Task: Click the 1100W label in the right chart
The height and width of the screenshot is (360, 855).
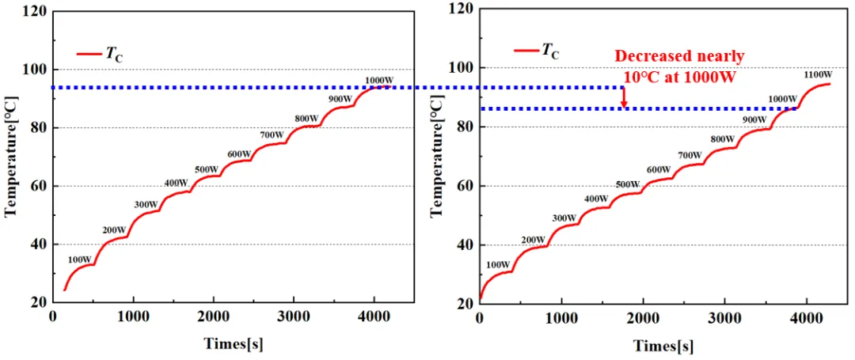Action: [x=818, y=74]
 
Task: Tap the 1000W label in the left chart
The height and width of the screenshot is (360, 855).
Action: [x=379, y=81]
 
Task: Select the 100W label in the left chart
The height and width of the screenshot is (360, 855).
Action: [x=80, y=260]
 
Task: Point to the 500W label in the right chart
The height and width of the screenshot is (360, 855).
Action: [x=626, y=184]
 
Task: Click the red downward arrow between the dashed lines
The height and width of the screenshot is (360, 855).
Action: [x=625, y=97]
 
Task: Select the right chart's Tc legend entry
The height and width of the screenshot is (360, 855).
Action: [x=537, y=51]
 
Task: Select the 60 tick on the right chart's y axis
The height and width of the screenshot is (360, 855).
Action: [x=465, y=186]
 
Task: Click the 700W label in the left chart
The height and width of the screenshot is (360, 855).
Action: [x=272, y=135]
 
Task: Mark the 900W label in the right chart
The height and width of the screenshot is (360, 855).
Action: [x=754, y=119]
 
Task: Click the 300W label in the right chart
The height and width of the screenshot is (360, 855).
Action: [x=564, y=218]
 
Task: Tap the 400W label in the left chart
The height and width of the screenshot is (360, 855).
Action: [x=176, y=183]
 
